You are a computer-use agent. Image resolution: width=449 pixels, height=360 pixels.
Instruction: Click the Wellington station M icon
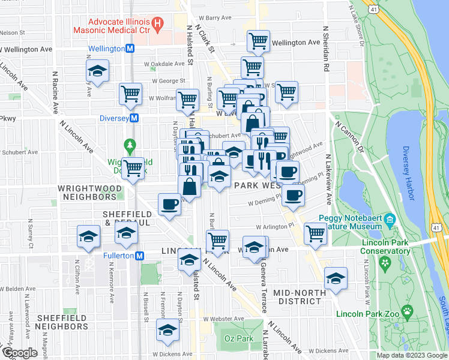point(130,49)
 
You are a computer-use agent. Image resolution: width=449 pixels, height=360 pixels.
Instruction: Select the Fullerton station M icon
point(139,256)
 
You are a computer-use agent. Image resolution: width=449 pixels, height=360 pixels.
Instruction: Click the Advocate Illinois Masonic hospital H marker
point(158,24)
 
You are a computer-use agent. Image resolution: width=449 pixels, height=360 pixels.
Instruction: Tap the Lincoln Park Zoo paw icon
point(407,311)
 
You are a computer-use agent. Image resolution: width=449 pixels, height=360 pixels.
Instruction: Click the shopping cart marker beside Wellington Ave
point(258,41)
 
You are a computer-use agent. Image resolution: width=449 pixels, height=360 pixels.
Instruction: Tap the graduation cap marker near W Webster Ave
point(168,329)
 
